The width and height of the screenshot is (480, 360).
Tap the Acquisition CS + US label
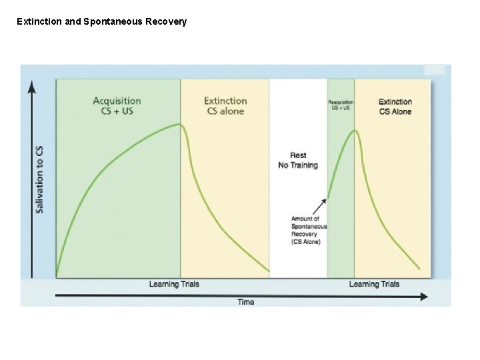117,106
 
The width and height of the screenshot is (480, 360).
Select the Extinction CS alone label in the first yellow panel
225,106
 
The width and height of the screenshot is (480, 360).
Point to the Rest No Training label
298,161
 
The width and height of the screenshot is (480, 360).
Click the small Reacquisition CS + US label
341,105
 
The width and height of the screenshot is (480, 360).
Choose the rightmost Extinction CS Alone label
395,107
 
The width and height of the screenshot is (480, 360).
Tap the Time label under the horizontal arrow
246,302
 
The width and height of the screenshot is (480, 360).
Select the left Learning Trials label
173,284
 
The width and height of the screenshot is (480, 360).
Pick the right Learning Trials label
374,284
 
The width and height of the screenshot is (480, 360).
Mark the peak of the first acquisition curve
178,124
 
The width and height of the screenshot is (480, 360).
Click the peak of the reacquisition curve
355,131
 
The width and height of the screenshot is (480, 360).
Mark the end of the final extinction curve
419,269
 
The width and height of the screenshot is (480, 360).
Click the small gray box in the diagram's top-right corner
434,69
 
